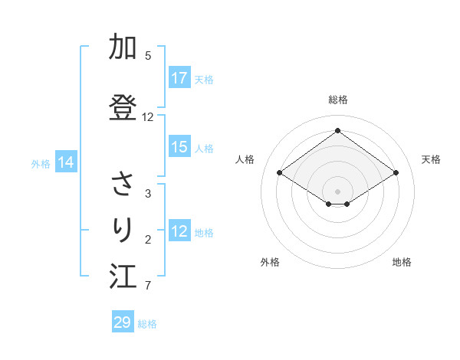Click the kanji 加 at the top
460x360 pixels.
(123, 48)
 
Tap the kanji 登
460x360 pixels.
(123, 108)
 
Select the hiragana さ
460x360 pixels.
(123, 184)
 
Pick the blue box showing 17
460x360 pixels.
(179, 78)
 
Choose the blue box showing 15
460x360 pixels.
(179, 147)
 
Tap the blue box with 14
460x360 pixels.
(66, 162)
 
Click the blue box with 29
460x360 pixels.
(123, 322)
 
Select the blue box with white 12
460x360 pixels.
(179, 231)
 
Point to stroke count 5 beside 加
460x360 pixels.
(148, 56)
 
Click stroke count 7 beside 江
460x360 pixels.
(148, 286)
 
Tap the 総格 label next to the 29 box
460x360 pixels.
(147, 324)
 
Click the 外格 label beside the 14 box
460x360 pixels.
(41, 163)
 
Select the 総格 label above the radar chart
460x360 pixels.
(338, 100)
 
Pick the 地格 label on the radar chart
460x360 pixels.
(402, 262)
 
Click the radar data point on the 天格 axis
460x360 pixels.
(396, 173)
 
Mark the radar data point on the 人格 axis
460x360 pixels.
(280, 173)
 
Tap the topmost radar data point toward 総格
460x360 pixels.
(337, 131)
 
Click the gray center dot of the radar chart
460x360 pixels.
(337, 190)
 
